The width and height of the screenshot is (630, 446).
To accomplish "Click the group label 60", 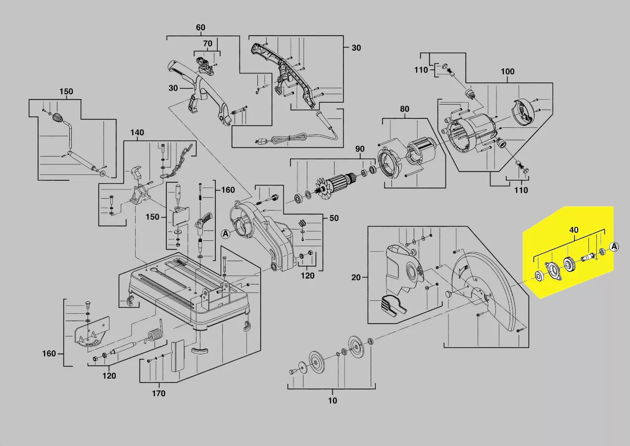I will pyautogui.click(x=200, y=28).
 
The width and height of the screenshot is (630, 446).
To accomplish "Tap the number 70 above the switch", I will pyautogui.click(x=207, y=44).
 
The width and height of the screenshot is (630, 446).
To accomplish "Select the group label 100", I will pyautogui.click(x=507, y=72).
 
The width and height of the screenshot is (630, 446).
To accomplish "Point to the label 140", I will pyautogui.click(x=137, y=133).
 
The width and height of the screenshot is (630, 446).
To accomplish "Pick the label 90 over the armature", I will pyautogui.click(x=360, y=149).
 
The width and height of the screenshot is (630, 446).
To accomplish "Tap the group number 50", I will pyautogui.click(x=335, y=219).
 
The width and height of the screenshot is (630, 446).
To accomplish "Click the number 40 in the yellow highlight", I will pyautogui.click(x=574, y=230).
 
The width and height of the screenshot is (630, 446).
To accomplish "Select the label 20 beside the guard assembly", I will pyautogui.click(x=356, y=278).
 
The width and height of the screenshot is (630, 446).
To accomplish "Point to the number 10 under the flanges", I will pyautogui.click(x=333, y=400).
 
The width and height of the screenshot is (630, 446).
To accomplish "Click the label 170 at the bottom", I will pyautogui.click(x=158, y=394).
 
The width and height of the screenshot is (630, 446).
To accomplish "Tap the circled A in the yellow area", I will pyautogui.click(x=614, y=246).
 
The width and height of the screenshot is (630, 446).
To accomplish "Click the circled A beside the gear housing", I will pyautogui.click(x=226, y=234).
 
